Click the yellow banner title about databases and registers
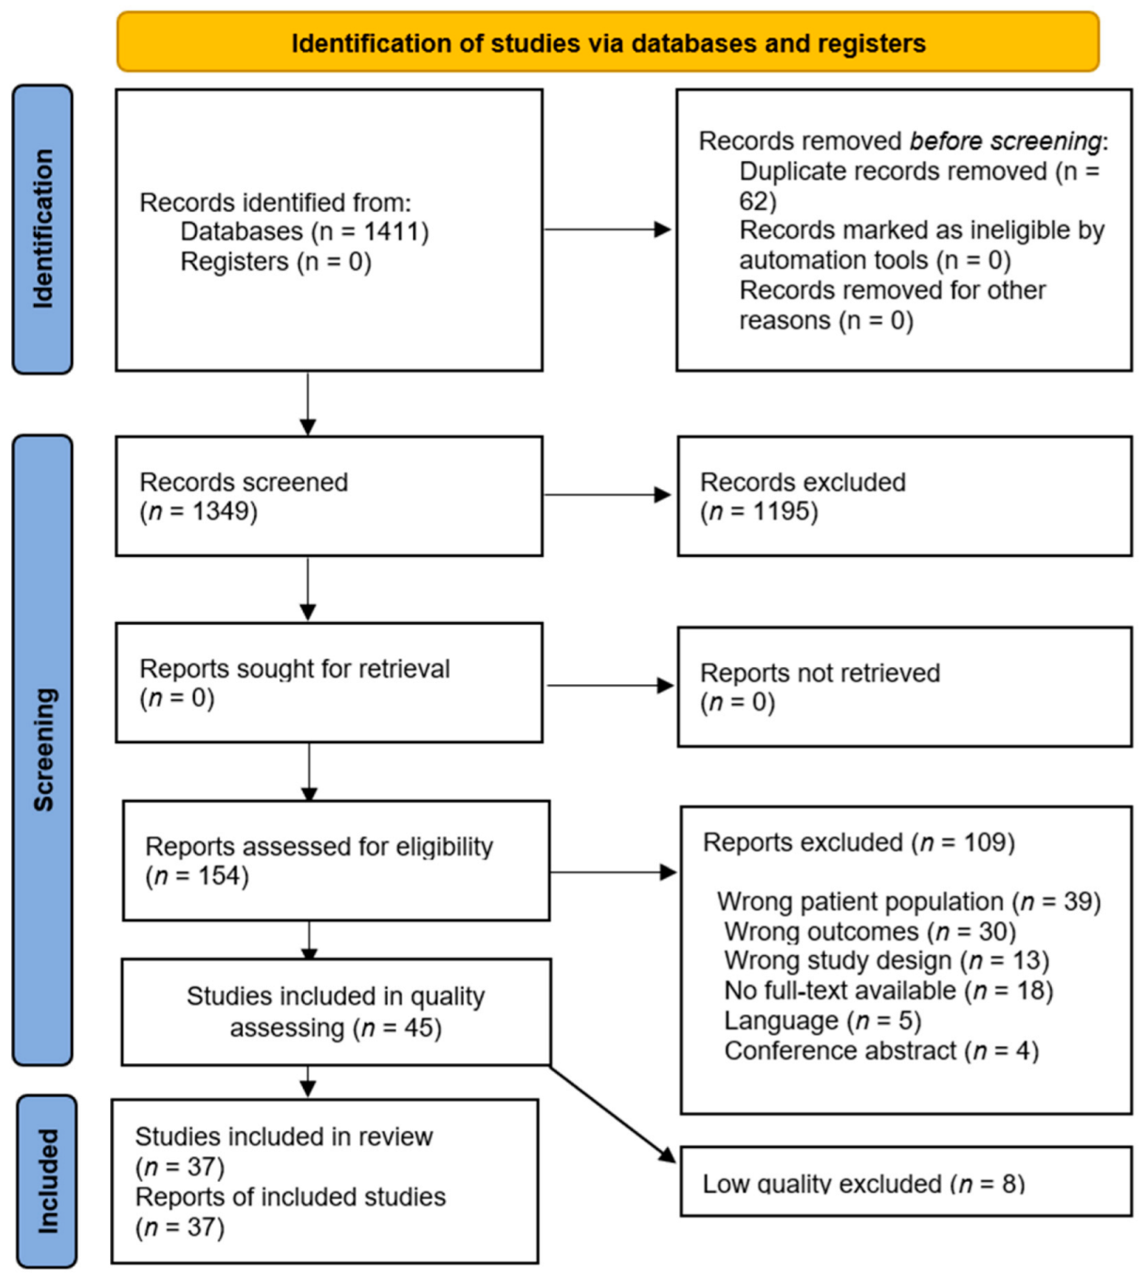[608, 43]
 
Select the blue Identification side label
[42, 229]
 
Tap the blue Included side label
[46, 1181]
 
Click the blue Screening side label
[43, 749]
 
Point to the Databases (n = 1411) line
[304, 231]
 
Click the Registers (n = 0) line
[276, 262]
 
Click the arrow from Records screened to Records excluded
[608, 495]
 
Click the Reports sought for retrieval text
[294, 669]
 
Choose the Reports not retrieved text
[819, 673]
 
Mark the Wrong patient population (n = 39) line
[908, 901]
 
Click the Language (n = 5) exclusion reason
[822, 1021]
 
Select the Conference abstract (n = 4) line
[881, 1051]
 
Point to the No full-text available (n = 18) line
[888, 991]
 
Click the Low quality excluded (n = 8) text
[863, 1184]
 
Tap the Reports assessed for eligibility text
[319, 847]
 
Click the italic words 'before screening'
[1005, 141]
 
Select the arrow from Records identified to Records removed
[608, 230]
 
